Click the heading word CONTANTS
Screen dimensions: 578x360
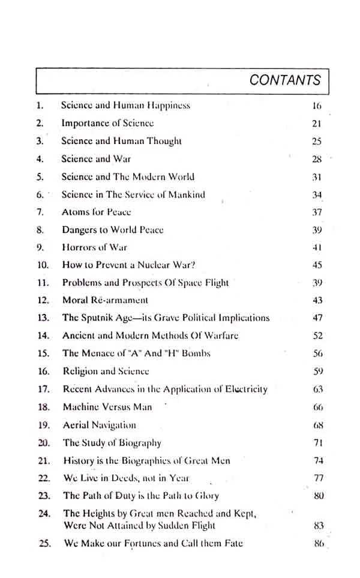(285, 80)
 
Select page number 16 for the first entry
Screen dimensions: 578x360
(317, 106)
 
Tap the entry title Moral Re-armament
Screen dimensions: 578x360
(105, 300)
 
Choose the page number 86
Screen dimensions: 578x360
(318, 544)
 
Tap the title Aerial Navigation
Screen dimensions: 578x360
(99, 425)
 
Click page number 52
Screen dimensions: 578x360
(318, 336)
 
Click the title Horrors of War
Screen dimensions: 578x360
(94, 247)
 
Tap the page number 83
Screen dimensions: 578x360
(318, 526)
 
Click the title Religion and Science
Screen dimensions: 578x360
(106, 372)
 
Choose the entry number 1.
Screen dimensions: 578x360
(40, 106)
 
